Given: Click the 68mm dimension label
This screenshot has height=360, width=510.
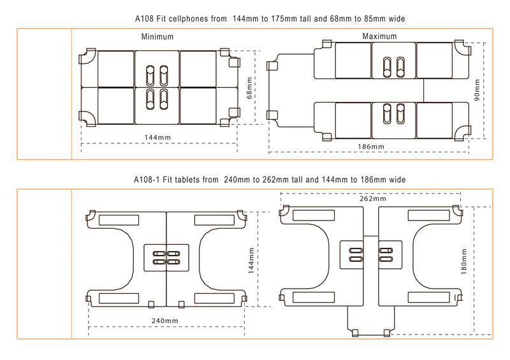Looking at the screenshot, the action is point(249,88).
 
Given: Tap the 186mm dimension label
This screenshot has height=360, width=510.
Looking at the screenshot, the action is point(371,147).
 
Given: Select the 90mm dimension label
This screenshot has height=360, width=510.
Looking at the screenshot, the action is point(477,90).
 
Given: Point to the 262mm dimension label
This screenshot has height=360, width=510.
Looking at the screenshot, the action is point(373,198).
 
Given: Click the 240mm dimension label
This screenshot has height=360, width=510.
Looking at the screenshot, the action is point(165,320).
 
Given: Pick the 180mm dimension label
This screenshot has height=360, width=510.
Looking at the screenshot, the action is point(464,262).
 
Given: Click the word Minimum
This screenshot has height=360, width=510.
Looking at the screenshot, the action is point(157,37).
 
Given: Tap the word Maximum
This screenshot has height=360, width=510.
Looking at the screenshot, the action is point(379,36).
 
